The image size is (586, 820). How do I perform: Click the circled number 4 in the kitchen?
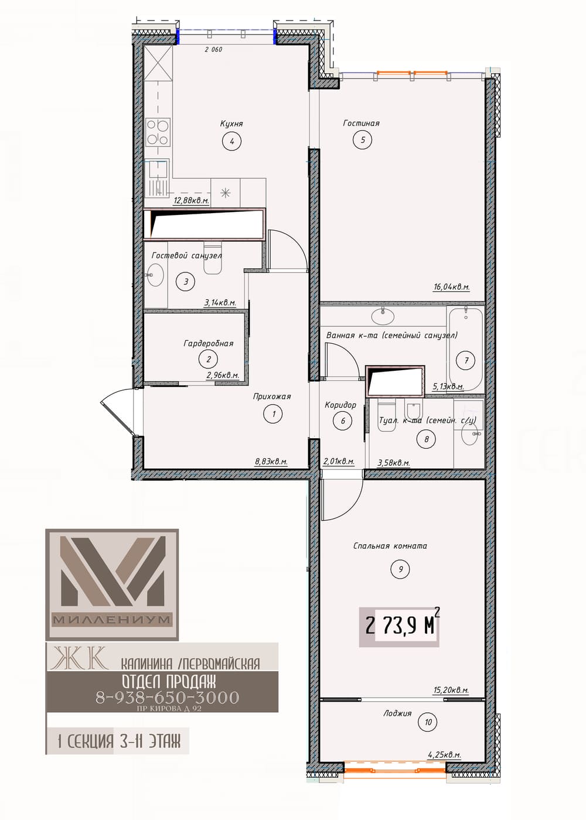click(x=232, y=141)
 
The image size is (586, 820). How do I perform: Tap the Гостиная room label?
click(x=361, y=124)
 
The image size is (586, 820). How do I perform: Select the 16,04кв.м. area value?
click(x=452, y=288)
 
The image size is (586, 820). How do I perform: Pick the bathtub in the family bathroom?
click(x=465, y=349)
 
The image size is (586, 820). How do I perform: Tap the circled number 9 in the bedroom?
click(x=400, y=569)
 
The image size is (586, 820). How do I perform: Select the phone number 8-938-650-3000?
click(x=168, y=698)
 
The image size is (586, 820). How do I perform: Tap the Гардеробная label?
click(x=208, y=343)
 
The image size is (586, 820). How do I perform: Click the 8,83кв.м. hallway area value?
click(x=271, y=462)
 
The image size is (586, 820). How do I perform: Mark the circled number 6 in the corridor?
click(x=343, y=421)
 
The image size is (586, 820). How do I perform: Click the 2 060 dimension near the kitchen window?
click(x=213, y=49)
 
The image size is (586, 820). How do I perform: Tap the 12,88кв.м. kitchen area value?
click(x=191, y=200)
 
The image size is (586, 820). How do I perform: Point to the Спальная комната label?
click(x=390, y=546)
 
